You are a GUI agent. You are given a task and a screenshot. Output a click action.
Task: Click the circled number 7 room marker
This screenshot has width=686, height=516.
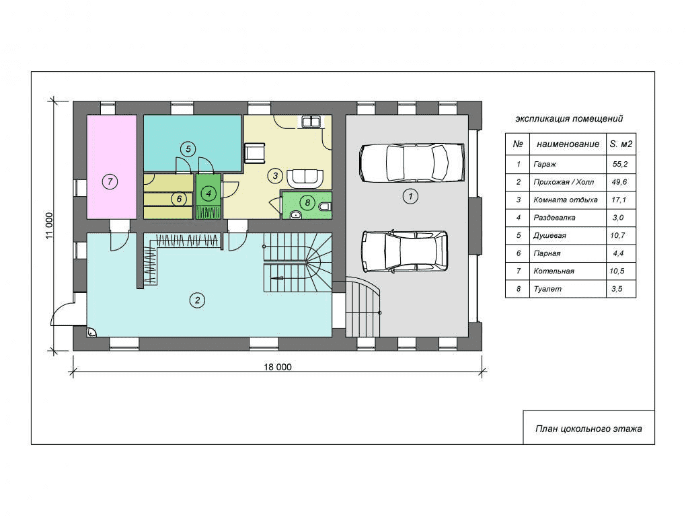tap(110, 181)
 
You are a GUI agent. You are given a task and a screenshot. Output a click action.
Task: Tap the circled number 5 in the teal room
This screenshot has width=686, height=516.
tap(188, 149)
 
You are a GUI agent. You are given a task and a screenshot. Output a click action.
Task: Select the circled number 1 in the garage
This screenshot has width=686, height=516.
tap(410, 196)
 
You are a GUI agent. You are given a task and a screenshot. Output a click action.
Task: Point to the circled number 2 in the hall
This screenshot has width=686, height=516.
tap(197, 300)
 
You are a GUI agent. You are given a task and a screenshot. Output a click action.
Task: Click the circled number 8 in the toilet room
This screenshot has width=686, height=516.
tap(307, 202)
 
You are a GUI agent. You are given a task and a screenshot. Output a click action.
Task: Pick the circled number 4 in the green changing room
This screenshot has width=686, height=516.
tap(208, 193)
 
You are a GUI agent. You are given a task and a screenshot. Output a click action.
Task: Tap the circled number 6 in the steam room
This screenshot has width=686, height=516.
tap(179, 200)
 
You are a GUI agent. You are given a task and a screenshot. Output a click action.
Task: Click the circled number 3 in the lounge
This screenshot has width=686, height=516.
tap(275, 175)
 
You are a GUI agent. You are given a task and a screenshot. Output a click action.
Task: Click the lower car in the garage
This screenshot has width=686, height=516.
tap(405, 251)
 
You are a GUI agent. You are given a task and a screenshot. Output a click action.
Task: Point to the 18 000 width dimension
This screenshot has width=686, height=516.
tap(277, 367)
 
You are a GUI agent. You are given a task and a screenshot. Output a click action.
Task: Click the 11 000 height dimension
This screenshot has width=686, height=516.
tap(49, 226)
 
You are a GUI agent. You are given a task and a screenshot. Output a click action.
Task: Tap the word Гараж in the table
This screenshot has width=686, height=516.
tap(545, 165)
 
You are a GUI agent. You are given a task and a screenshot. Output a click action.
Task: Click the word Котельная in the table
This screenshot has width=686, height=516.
tap(554, 271)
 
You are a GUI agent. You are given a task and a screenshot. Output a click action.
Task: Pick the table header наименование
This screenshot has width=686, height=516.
tap(568, 144)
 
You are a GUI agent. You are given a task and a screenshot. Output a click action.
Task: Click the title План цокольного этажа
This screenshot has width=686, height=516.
tap(588, 429)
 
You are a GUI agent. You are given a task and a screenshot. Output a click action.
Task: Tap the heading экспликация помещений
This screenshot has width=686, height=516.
tap(569, 119)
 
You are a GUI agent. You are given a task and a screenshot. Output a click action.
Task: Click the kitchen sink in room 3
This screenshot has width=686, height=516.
tap(311, 121)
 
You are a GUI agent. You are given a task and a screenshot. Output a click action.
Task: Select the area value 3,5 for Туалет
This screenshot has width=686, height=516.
tap(617, 289)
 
